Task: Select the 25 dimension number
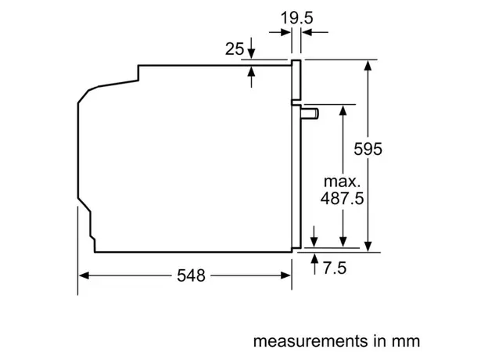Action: click(234, 49)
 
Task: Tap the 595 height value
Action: click(367, 149)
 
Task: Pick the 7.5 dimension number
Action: click(335, 268)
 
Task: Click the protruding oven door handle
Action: click(311, 113)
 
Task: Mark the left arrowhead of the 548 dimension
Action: click(83, 275)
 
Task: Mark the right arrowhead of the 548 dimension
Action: click(288, 275)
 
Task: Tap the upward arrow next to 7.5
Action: click(314, 257)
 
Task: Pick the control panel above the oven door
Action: click(297, 81)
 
